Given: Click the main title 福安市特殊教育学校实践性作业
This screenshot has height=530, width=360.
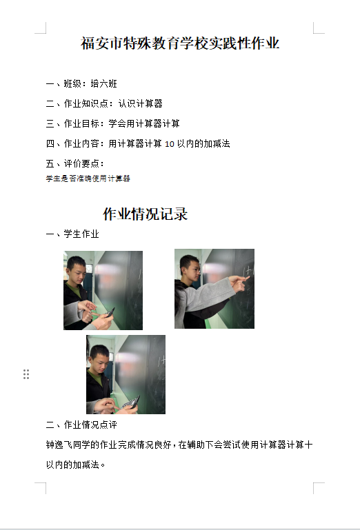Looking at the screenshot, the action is pyautogui.click(x=180, y=43).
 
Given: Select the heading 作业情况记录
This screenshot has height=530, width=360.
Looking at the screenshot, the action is pyautogui.click(x=145, y=214).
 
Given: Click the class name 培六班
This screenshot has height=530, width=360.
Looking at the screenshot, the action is pyautogui.click(x=104, y=84).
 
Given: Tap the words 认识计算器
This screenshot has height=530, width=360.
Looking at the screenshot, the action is pyautogui.click(x=141, y=103).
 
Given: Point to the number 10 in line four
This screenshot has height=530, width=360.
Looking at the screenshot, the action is pyautogui.click(x=169, y=144).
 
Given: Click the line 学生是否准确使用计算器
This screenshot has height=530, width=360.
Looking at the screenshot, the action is pyautogui.click(x=88, y=179).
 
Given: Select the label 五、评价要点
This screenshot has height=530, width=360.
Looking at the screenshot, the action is pyautogui.click(x=74, y=163).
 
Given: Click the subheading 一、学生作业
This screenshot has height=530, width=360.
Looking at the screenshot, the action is pyautogui.click(x=72, y=234).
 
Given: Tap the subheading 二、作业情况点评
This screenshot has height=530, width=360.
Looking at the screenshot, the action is pyautogui.click(x=81, y=425).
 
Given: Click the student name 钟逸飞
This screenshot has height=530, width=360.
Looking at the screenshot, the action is pyautogui.click(x=59, y=445).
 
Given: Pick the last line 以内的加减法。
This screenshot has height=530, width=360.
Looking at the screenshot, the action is pyautogui.click(x=75, y=465).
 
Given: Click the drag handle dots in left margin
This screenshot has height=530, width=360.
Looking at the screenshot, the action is pyautogui.click(x=26, y=374).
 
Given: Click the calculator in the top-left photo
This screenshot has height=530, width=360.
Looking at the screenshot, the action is pyautogui.click(x=110, y=312).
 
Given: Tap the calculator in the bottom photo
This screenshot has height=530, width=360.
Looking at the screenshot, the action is pyautogui.click(x=131, y=402).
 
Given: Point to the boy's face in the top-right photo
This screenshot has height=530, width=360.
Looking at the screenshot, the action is pyautogui.click(x=190, y=270).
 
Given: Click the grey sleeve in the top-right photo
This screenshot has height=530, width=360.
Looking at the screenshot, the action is pyautogui.click(x=206, y=295).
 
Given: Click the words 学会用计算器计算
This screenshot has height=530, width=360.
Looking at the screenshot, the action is pyautogui.click(x=144, y=123).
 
